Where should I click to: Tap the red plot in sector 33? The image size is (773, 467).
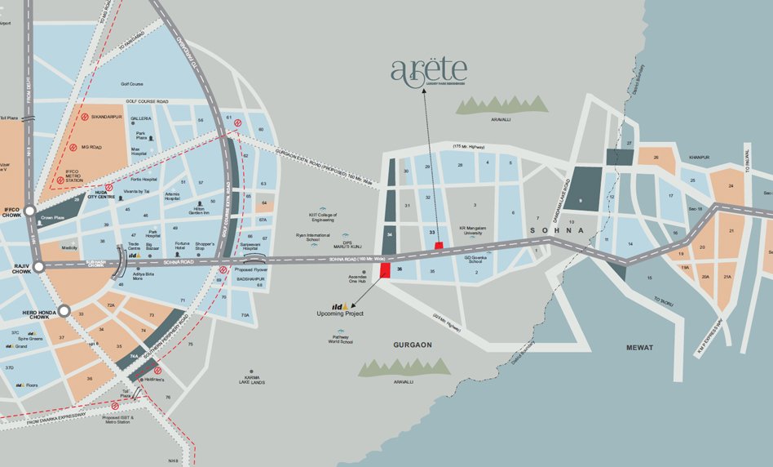[x=439, y=245]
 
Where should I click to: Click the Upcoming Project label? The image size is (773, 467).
[x=340, y=313]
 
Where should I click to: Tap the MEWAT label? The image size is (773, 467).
[x=639, y=348]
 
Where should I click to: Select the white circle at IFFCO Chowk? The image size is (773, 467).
[x=29, y=211]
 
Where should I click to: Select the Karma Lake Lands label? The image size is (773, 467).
[x=253, y=380]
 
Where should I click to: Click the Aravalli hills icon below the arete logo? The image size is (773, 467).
[x=501, y=105]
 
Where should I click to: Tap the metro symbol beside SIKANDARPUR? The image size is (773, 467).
[x=83, y=117]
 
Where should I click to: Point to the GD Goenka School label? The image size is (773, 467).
[x=479, y=260]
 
